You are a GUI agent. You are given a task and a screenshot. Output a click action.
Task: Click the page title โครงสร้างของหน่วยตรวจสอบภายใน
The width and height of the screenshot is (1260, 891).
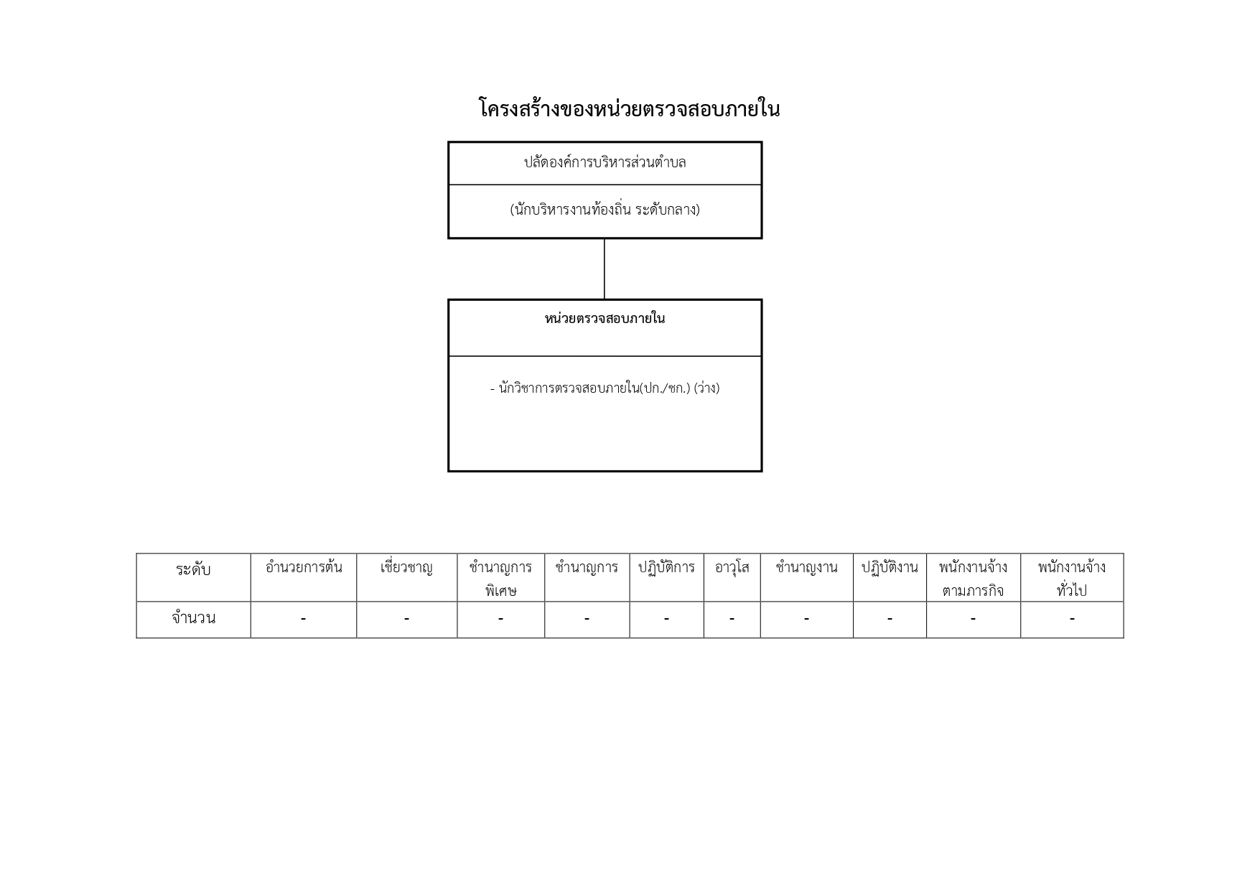coord(629,109)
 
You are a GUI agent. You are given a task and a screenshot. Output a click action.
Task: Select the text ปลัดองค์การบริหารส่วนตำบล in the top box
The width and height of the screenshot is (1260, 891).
coord(605,162)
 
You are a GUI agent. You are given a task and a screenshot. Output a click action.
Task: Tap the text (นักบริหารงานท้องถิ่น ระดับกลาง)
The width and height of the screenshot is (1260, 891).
coord(605,210)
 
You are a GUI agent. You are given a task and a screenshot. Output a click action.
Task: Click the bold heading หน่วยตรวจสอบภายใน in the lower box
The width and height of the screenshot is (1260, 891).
coord(605,318)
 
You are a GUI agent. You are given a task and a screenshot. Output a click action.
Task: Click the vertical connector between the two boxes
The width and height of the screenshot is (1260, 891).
coord(605,269)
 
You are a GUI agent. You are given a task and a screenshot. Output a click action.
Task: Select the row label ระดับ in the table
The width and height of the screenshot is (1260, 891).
coord(193,569)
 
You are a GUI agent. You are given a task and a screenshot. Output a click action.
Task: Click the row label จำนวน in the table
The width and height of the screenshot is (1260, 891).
coord(193,618)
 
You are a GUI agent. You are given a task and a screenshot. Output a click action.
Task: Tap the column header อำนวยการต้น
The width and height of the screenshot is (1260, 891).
coord(304,567)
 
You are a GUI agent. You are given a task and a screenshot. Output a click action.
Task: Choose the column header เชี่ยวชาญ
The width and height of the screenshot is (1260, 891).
coord(406,567)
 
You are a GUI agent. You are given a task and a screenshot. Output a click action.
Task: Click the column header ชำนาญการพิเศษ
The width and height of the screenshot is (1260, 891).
coord(500,579)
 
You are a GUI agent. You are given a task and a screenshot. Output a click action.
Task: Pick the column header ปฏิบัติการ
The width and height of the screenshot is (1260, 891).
coord(666,567)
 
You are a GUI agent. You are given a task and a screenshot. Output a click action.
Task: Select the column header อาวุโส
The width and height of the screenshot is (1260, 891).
coord(732,567)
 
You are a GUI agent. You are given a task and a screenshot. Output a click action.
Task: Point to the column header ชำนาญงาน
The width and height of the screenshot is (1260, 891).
coord(806,567)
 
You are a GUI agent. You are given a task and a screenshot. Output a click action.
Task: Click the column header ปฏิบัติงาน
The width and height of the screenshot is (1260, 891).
coord(890,567)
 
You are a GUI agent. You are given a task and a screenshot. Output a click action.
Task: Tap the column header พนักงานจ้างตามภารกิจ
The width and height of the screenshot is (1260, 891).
coord(973,579)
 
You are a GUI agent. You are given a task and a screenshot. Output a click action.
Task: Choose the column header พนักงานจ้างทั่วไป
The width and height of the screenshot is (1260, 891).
coord(1072,579)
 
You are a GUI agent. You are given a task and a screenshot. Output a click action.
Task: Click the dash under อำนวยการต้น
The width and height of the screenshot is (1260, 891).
coord(304,618)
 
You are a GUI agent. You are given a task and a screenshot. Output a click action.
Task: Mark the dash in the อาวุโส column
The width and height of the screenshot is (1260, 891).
coord(732,618)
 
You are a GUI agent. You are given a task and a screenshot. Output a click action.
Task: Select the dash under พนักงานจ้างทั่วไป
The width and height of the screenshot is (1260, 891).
coord(1072,618)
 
